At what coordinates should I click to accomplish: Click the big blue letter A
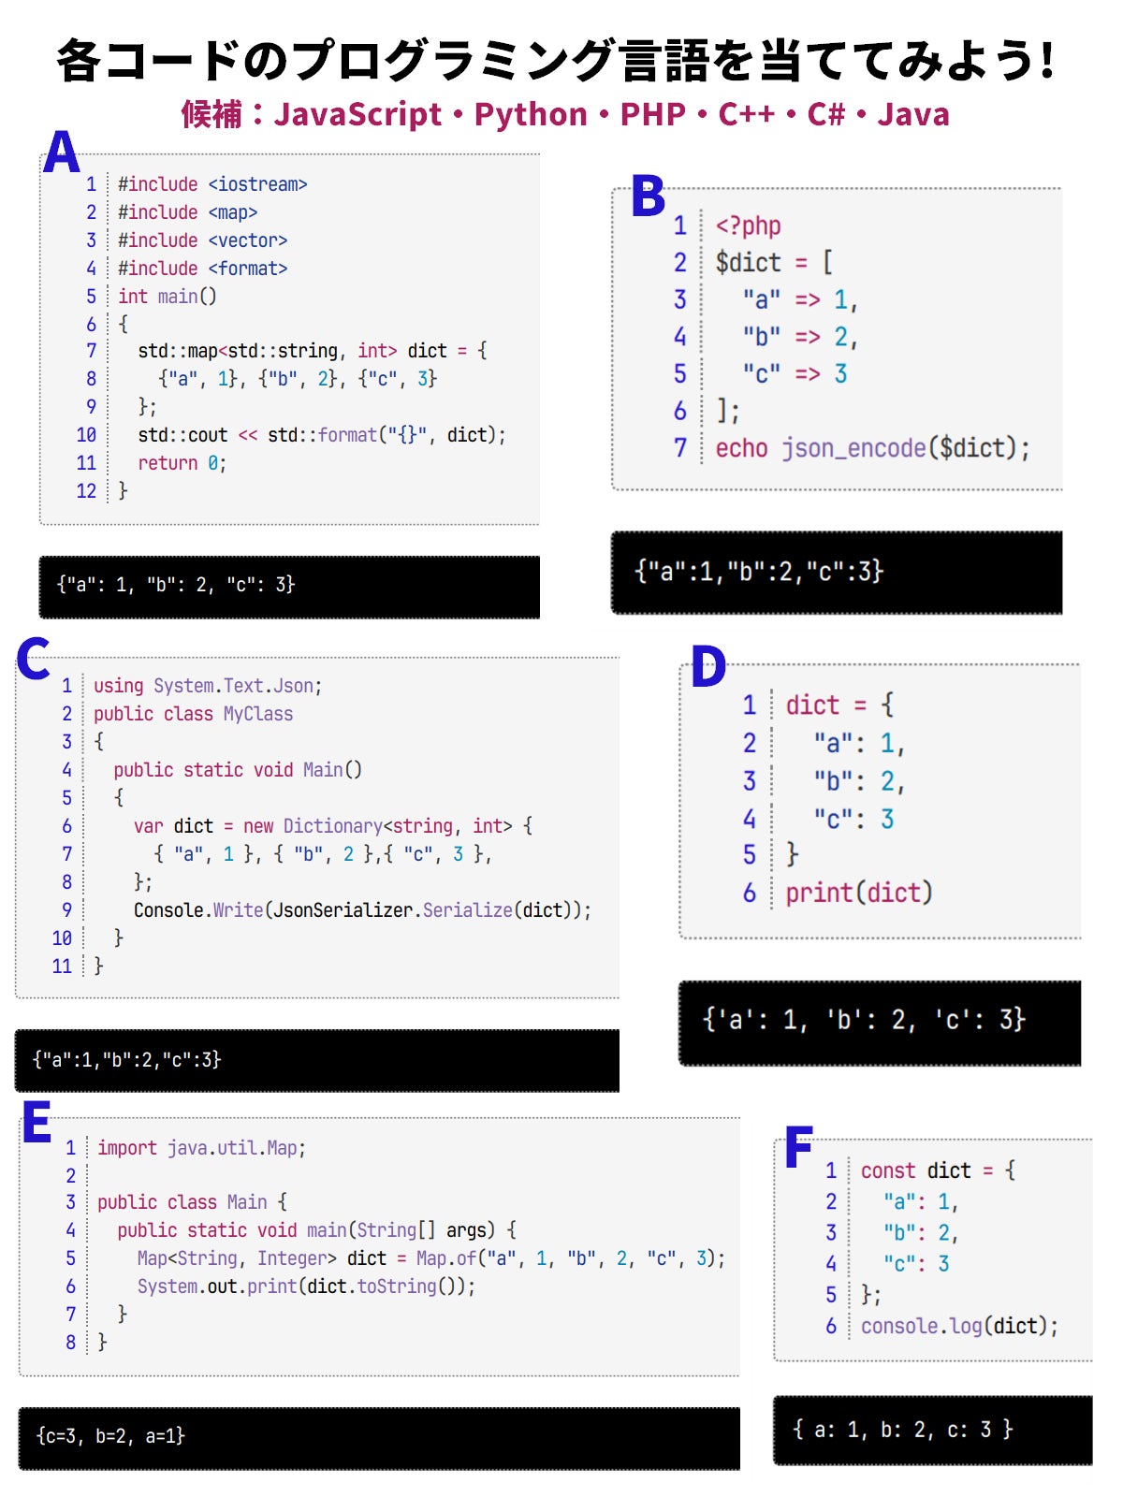pyautogui.click(x=62, y=153)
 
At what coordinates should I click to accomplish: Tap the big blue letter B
pyautogui.click(x=648, y=196)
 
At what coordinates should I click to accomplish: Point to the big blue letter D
pyautogui.click(x=708, y=667)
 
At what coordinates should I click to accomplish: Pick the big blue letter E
pyautogui.click(x=36, y=1122)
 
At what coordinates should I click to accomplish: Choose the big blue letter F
pyautogui.click(x=798, y=1148)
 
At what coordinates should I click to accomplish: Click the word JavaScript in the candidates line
pyautogui.click(x=357, y=114)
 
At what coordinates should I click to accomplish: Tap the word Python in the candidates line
pyautogui.click(x=531, y=114)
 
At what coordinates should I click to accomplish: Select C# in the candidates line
pyautogui.click(x=826, y=114)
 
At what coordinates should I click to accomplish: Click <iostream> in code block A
pyautogui.click(x=257, y=184)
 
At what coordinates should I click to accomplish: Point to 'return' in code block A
pyautogui.click(x=168, y=463)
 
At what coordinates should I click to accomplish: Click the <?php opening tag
pyautogui.click(x=748, y=225)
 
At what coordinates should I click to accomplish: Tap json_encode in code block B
pyautogui.click(x=853, y=448)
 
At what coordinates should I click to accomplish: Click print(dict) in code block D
pyautogui.click(x=858, y=893)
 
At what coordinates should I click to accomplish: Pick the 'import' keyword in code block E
pyautogui.click(x=127, y=1148)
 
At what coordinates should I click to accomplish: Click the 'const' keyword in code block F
pyautogui.click(x=887, y=1170)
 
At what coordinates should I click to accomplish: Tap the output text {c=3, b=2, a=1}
pyautogui.click(x=110, y=1435)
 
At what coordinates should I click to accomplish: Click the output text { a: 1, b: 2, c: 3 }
pyautogui.click(x=902, y=1429)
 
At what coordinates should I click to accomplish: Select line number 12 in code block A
pyautogui.click(x=86, y=491)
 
